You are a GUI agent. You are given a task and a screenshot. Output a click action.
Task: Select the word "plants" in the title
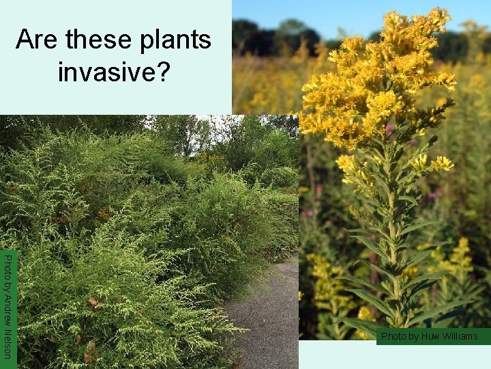172,41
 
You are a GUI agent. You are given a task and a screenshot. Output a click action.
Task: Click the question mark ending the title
162,71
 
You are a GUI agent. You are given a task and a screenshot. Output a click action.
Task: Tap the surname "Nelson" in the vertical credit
7,342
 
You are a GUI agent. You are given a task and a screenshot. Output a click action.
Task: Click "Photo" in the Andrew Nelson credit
7,264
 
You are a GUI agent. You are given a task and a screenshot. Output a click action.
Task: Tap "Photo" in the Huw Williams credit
393,336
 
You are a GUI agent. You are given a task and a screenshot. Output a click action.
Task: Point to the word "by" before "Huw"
413,337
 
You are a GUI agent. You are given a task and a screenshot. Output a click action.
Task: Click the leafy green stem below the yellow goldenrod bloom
392,225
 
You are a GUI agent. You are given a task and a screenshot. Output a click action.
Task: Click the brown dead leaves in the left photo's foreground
89,352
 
